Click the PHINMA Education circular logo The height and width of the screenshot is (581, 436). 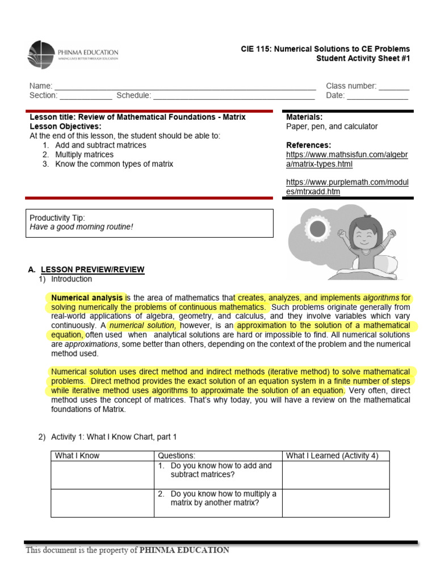tap(41, 54)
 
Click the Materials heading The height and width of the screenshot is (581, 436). tap(304, 117)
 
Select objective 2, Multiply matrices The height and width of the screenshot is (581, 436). tap(84, 155)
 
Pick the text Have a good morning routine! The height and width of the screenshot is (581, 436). tap(81, 227)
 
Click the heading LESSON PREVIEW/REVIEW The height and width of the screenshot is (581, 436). tap(98, 270)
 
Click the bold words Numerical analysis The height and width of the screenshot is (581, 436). tap(87, 297)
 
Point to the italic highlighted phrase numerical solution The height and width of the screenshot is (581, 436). tap(144, 326)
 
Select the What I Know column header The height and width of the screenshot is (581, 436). tap(77, 456)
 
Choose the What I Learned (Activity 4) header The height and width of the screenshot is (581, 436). tap(332, 456)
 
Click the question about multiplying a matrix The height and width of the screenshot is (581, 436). tap(217, 498)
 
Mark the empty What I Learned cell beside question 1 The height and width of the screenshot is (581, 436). tap(336, 475)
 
